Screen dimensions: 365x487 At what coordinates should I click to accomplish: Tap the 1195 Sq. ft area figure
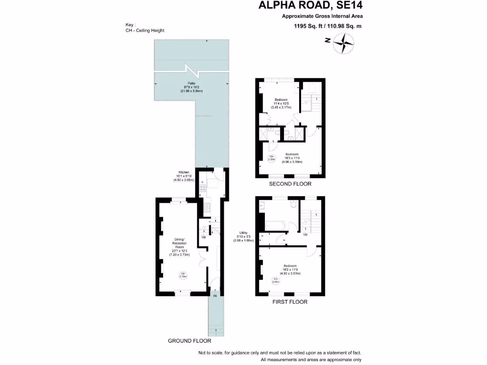(x=309, y=26)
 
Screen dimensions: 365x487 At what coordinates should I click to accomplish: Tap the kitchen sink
(x=207, y=207)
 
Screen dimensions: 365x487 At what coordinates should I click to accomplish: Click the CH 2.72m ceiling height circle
(x=183, y=274)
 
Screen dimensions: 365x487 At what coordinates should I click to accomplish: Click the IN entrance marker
(x=215, y=296)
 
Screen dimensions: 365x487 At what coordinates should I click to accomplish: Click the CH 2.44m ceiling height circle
(x=275, y=280)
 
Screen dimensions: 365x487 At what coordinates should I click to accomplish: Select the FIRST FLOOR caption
(x=290, y=302)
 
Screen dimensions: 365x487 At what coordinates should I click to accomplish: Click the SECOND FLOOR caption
(x=290, y=184)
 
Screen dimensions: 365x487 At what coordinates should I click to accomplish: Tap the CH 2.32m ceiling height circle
(x=272, y=158)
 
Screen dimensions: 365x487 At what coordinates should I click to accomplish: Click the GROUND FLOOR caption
(x=189, y=341)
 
